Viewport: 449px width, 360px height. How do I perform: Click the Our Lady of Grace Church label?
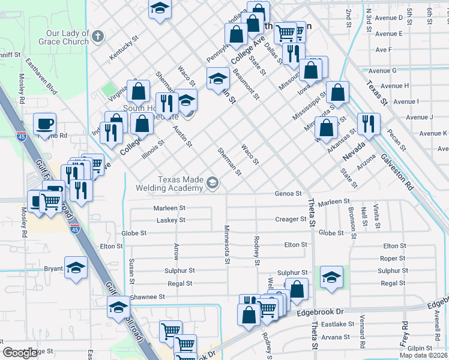click(x=68, y=37)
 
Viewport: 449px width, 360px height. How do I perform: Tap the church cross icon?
click(x=98, y=37)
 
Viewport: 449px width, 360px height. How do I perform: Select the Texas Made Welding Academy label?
click(x=180, y=184)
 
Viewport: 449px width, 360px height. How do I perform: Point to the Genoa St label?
click(x=288, y=193)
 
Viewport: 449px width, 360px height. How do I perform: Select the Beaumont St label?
click(x=246, y=84)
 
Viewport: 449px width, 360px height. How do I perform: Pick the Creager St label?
click(x=291, y=220)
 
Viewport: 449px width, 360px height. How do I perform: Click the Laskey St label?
click(x=171, y=220)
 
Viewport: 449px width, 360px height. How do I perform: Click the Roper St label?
click(x=393, y=259)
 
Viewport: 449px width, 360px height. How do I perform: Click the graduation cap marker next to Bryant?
click(x=76, y=267)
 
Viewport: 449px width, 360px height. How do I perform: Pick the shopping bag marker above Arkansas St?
click(x=325, y=128)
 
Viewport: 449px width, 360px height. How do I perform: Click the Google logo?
click(x=20, y=353)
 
